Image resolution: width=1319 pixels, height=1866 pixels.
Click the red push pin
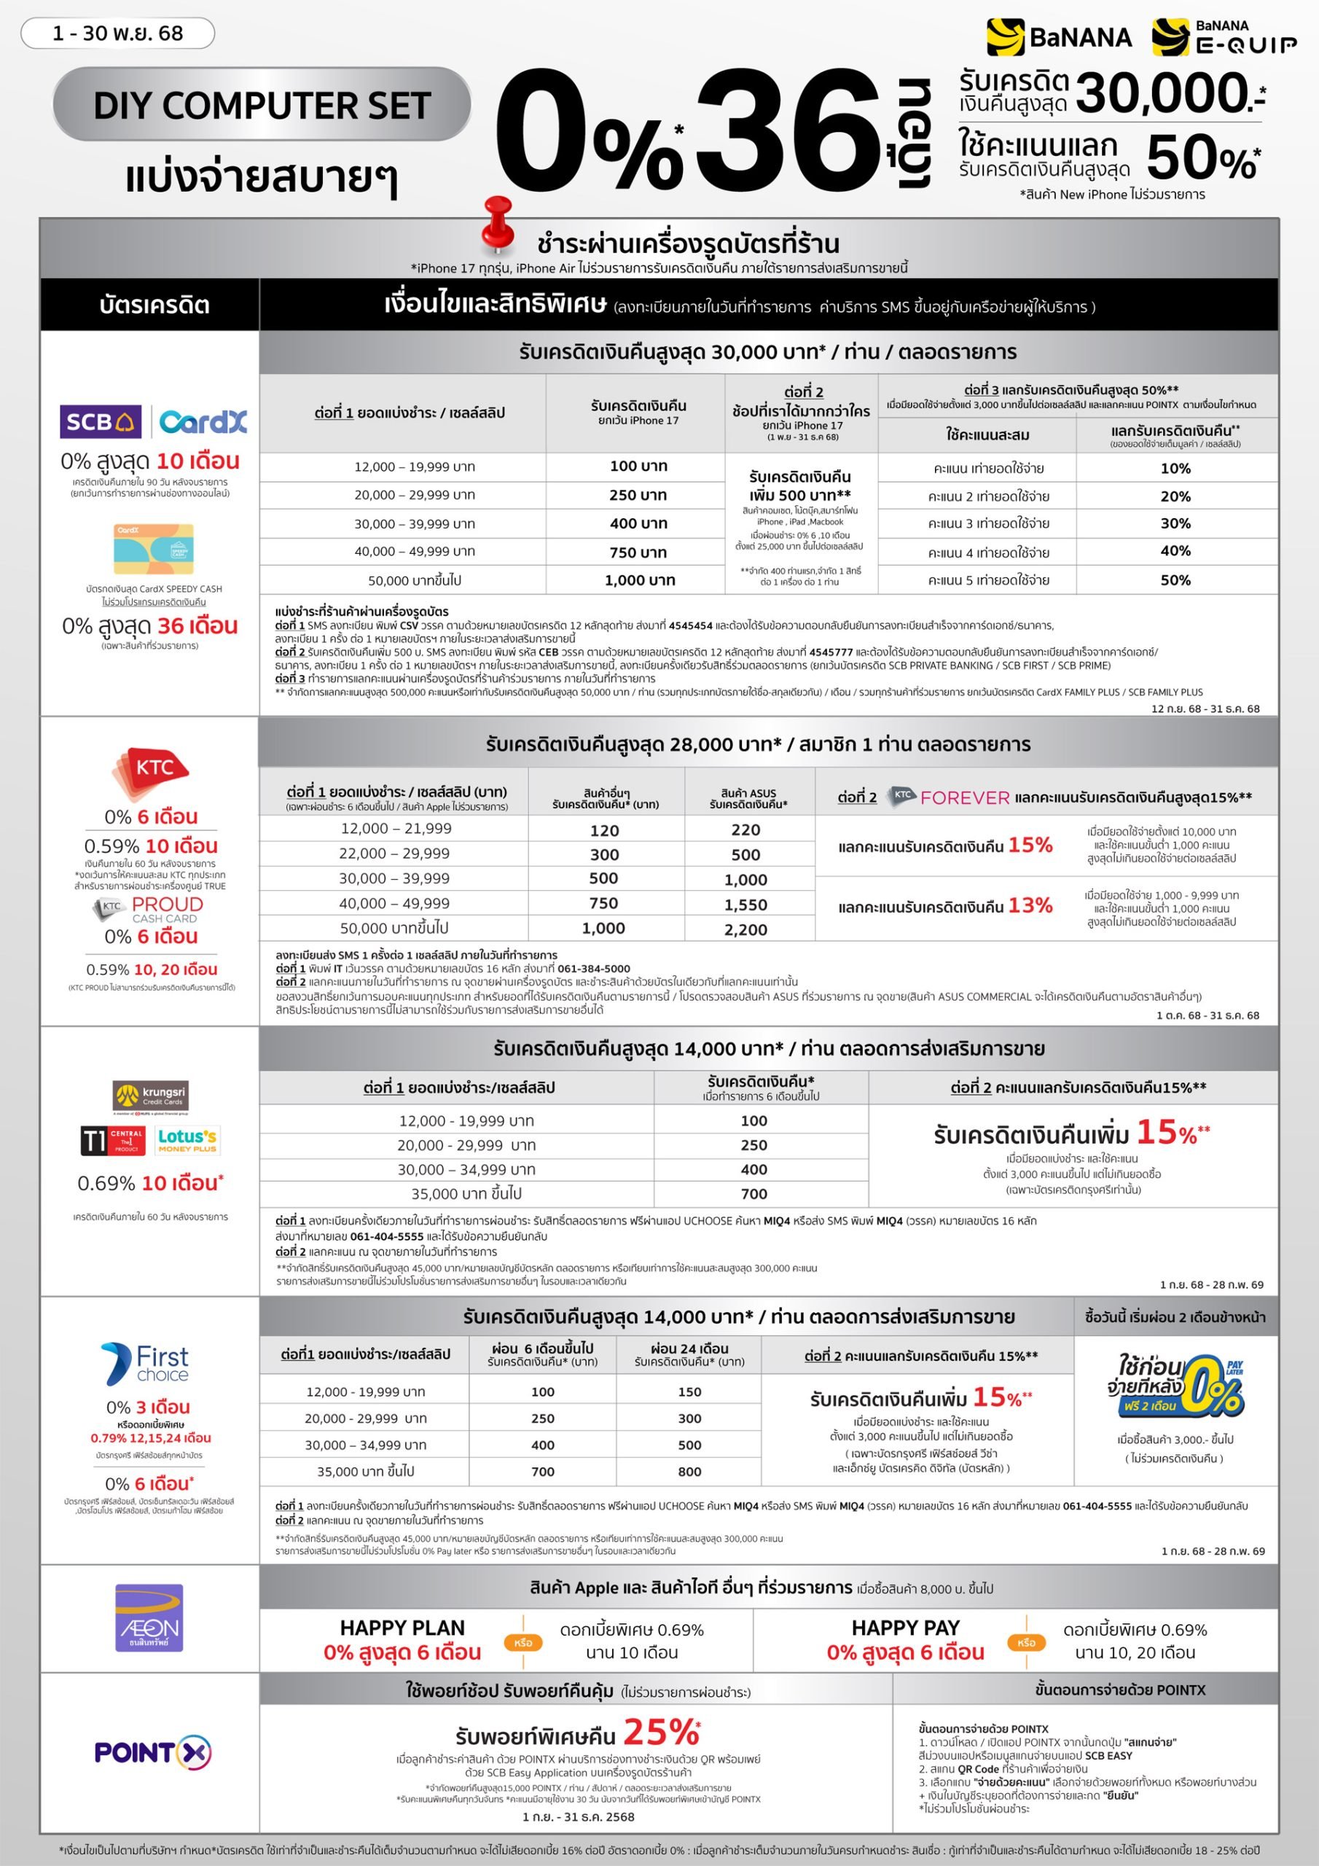tap(498, 223)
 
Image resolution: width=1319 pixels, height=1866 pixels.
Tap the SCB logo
tap(100, 421)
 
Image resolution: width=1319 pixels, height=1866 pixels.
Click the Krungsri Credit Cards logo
tap(151, 1096)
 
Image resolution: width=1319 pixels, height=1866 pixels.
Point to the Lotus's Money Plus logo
tap(187, 1140)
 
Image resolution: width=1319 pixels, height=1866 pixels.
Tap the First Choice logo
tap(146, 1363)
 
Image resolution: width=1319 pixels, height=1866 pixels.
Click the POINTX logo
tap(153, 1752)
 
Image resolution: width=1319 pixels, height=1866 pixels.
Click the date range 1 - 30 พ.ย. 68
tap(118, 34)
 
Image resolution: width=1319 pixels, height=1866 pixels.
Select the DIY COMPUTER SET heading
tap(262, 106)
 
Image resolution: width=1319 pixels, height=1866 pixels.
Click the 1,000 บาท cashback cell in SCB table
tap(640, 580)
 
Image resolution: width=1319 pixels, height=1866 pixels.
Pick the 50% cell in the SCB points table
tap(1175, 580)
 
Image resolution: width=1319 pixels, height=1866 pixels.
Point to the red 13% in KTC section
tap(1030, 905)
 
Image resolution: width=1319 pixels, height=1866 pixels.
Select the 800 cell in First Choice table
tap(689, 1471)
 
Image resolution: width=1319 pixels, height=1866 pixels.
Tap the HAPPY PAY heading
tap(905, 1628)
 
